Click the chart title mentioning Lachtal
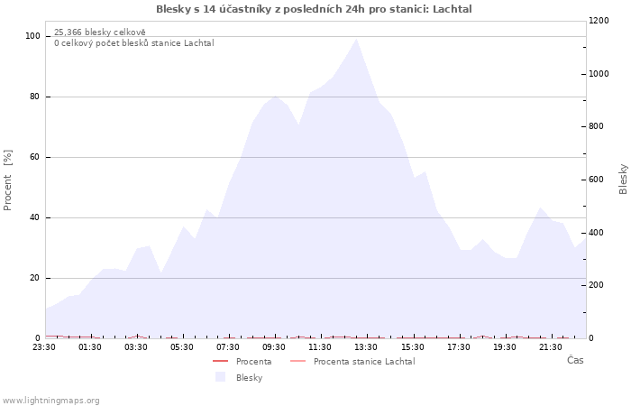tap(314, 9)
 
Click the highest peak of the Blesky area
tap(356, 39)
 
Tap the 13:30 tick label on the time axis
tap(366, 347)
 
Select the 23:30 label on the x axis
tap(44, 347)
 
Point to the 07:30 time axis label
tap(228, 347)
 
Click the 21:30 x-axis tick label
tap(551, 347)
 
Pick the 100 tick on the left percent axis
tap(32, 36)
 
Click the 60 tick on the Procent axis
tap(34, 157)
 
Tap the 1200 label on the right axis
tap(599, 21)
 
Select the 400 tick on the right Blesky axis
tap(596, 233)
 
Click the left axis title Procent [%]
tap(7, 180)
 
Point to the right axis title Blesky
tap(623, 180)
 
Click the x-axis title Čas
tap(575, 360)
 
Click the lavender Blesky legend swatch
tap(220, 377)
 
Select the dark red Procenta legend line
tap(221, 361)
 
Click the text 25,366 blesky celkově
tap(100, 32)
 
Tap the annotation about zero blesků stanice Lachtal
tap(134, 43)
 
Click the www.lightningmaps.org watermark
tap(50, 401)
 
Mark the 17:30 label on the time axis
tap(458, 347)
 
